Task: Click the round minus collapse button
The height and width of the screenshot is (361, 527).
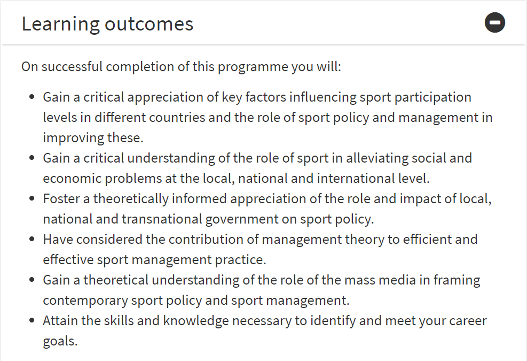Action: (x=495, y=22)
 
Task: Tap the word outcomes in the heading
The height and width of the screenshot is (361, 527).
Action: (x=149, y=24)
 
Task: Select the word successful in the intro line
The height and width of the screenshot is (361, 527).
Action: (x=72, y=66)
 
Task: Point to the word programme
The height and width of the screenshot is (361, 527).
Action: (x=253, y=67)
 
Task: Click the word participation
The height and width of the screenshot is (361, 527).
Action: (x=432, y=98)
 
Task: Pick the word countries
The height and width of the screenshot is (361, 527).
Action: (x=177, y=118)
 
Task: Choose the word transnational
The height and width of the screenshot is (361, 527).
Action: (x=162, y=219)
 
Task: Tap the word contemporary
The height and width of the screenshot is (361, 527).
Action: (x=85, y=301)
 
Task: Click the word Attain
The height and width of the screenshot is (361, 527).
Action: (x=60, y=320)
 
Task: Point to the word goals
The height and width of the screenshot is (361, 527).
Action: (x=60, y=341)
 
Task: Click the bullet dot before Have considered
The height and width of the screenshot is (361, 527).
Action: (x=32, y=240)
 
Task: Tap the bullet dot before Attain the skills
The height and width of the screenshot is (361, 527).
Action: (x=32, y=320)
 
